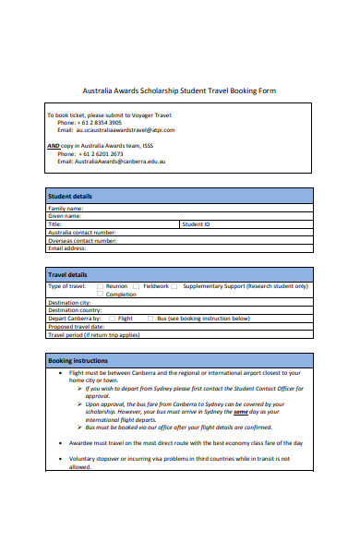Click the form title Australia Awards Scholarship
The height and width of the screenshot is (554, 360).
pyautogui.click(x=179, y=90)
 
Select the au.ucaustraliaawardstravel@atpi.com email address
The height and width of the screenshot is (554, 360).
pyautogui.click(x=126, y=130)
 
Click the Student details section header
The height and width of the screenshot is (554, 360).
pyautogui.click(x=70, y=197)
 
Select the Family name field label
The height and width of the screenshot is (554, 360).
pyautogui.click(x=66, y=209)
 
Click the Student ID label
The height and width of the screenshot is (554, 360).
pyautogui.click(x=196, y=224)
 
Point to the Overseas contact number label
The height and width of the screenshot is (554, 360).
pyautogui.click(x=82, y=240)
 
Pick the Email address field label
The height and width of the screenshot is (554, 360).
pyautogui.click(x=67, y=247)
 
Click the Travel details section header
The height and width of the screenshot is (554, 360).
pyautogui.click(x=68, y=275)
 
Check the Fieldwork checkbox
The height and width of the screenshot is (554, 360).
pyautogui.click(x=137, y=286)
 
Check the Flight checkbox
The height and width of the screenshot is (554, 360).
pyautogui.click(x=112, y=319)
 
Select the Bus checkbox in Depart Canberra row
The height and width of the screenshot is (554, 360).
pyautogui.click(x=150, y=319)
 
